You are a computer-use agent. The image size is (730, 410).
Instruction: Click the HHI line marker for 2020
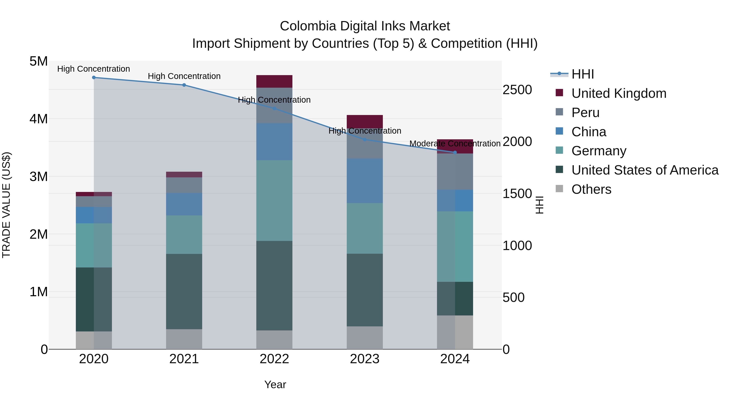tap(94, 78)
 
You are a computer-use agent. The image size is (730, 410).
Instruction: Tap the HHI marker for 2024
tap(455, 152)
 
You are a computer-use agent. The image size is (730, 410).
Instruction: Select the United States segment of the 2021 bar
tap(184, 291)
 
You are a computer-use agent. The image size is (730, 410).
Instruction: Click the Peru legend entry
tap(585, 113)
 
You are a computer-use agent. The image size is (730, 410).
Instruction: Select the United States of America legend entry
tap(645, 170)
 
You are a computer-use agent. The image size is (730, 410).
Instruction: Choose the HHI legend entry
tap(582, 74)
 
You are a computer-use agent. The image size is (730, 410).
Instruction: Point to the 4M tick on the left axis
tap(39, 119)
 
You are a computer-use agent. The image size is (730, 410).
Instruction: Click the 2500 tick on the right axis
tap(517, 90)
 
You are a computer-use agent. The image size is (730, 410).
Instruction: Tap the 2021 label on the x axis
tap(184, 359)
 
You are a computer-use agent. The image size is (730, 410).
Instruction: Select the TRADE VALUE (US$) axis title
tap(6, 205)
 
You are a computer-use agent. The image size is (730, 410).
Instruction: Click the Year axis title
tap(275, 384)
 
